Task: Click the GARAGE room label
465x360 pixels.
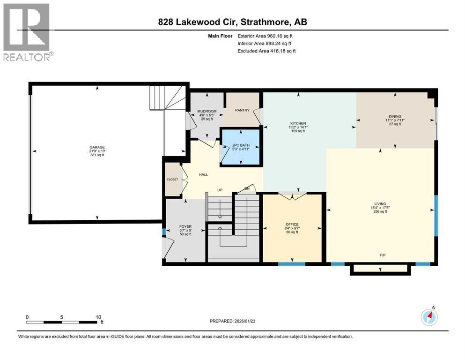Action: pos(97,149)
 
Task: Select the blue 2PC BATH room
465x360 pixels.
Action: pos(240,146)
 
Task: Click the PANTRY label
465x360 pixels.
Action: pos(242,110)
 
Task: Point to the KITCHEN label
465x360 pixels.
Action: pos(298,123)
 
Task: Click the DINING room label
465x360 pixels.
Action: pos(395,116)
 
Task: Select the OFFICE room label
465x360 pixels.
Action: pos(292,224)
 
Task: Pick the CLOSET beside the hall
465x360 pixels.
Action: pos(172,179)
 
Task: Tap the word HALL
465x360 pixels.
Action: pos(203,174)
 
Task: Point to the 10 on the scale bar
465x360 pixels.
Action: pos(98,316)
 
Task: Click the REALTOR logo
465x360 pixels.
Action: pos(27,32)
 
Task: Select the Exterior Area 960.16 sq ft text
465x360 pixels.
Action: pos(266,36)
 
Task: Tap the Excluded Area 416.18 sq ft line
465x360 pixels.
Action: pos(266,51)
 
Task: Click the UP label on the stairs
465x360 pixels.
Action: pos(219,190)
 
